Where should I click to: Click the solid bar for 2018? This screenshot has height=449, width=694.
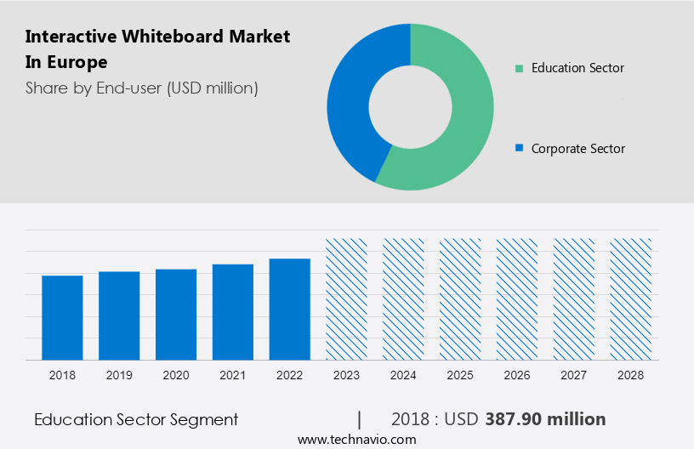point(62,317)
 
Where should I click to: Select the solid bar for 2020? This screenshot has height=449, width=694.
point(176,314)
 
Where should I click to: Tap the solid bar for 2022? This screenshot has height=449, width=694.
point(290,309)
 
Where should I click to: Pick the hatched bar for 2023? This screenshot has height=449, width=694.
point(347,298)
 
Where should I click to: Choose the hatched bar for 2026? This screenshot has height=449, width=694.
point(517,298)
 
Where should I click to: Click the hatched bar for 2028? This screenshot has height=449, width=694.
point(631,298)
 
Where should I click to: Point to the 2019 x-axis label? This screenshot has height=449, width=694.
point(119,374)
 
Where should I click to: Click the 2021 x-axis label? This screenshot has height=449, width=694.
point(233,374)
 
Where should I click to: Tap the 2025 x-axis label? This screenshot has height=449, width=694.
point(460,374)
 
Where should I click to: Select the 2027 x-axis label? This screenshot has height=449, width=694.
point(574,374)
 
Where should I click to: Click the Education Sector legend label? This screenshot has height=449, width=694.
point(577,68)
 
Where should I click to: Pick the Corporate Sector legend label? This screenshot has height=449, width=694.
point(577,149)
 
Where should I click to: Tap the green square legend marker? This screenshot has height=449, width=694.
point(519,68)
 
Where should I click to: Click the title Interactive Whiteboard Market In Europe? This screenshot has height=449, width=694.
point(157,49)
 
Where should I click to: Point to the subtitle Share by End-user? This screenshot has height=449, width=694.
point(142,88)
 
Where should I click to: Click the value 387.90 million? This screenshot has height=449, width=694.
point(545,419)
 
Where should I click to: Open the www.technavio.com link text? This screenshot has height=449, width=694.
point(357,439)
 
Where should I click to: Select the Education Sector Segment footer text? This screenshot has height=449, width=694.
point(136,419)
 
